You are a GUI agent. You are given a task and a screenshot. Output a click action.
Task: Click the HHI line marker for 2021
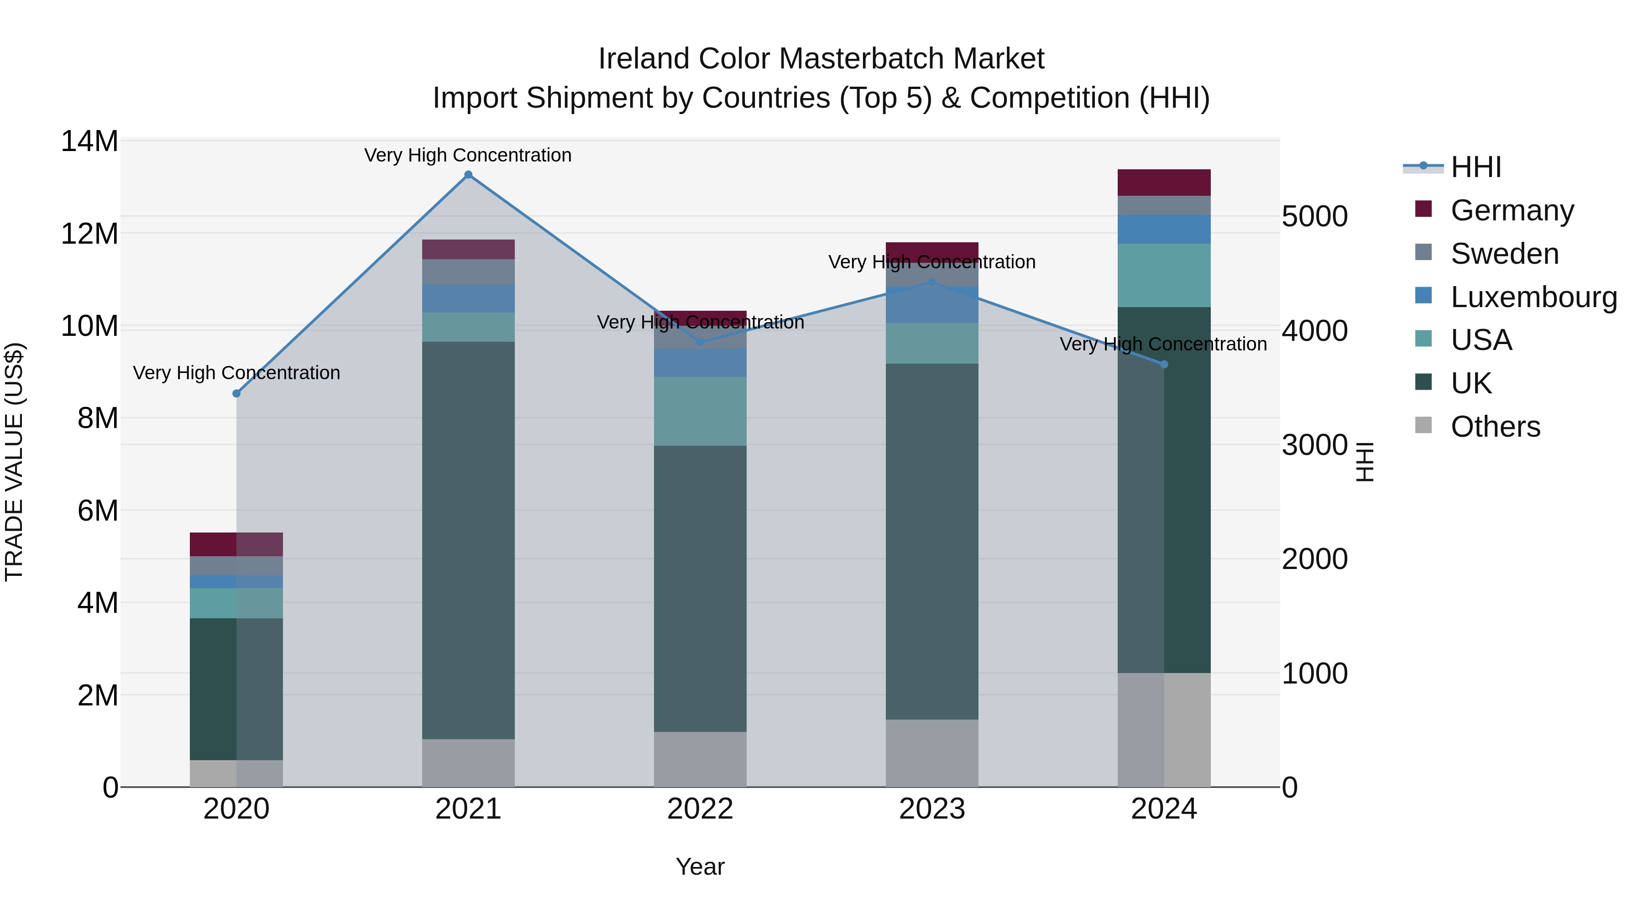(468, 175)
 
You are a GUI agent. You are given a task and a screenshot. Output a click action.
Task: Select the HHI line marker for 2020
(236, 393)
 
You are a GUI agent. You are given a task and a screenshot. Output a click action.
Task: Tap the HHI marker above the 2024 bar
(1164, 364)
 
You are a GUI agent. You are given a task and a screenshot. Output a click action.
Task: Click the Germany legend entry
(1512, 210)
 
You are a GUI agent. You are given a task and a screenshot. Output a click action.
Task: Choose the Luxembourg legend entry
(1533, 297)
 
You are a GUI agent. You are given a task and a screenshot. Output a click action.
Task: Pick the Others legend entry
(1495, 427)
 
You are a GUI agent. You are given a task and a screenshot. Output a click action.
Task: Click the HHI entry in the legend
(1475, 167)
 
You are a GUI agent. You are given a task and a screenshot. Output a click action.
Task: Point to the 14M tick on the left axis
(89, 141)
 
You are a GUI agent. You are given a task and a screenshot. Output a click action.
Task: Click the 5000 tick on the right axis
(1314, 216)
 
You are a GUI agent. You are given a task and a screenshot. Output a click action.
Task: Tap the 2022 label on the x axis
(700, 809)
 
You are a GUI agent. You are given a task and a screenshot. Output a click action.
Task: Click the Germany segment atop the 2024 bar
(1164, 183)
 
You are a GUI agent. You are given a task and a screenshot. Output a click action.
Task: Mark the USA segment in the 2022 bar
(700, 411)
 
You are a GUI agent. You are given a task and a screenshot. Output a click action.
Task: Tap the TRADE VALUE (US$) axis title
(14, 462)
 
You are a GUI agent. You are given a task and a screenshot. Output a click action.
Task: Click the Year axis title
(700, 867)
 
